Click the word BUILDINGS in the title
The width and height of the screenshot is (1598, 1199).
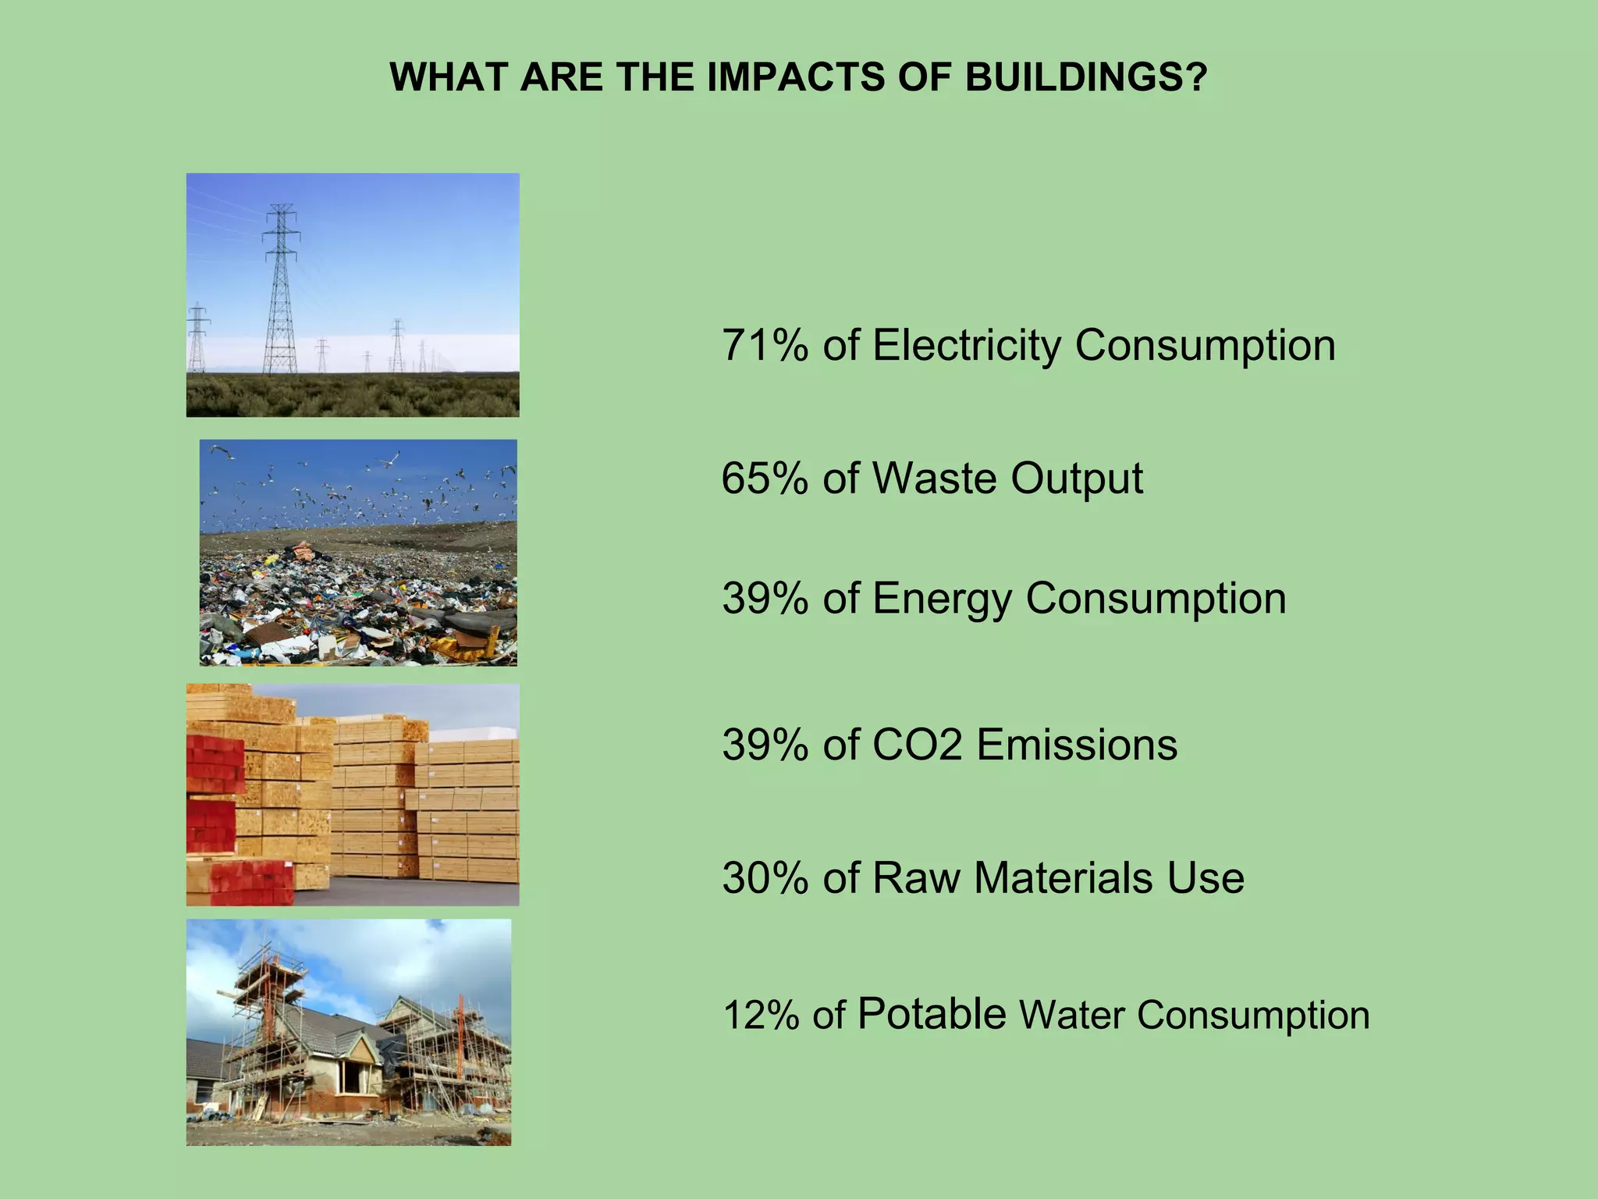(1086, 77)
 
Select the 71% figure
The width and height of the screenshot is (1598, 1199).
(765, 345)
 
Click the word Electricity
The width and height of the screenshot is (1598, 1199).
(966, 345)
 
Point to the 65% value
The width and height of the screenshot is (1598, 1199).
(765, 478)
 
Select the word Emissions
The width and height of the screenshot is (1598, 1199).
(1077, 744)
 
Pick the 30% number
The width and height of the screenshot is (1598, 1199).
(765, 877)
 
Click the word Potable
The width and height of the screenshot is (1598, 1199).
(932, 1014)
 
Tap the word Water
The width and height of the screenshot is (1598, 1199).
(1071, 1015)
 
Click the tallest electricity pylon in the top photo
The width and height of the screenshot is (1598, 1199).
(280, 289)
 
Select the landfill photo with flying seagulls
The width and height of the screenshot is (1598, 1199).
(358, 553)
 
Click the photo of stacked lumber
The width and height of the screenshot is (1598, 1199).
(353, 795)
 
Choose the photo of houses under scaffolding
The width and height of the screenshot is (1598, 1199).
(349, 1032)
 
